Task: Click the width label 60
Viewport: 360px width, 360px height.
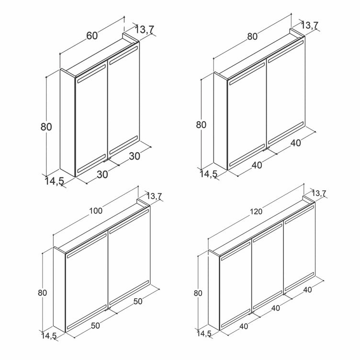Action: point(92,35)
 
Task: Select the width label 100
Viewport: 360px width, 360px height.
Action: point(96,211)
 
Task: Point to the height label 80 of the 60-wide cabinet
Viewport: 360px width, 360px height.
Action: point(46,127)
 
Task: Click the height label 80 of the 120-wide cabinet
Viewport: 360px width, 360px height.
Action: point(198,293)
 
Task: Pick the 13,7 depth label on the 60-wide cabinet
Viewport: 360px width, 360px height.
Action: point(144,30)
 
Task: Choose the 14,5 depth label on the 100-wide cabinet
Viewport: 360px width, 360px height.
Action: point(49,336)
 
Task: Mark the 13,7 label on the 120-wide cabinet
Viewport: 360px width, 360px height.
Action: point(319,193)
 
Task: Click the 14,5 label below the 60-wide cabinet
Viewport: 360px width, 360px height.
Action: point(54,181)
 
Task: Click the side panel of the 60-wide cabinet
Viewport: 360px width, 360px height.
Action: point(67,123)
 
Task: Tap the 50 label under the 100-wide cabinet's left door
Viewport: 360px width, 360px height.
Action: point(96,326)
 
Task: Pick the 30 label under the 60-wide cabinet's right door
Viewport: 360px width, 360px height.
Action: point(135,157)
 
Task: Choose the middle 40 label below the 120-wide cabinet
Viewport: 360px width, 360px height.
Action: point(276,308)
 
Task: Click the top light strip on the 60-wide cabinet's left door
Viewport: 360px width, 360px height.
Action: point(91,73)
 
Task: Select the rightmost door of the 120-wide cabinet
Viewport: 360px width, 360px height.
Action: point(299,248)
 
